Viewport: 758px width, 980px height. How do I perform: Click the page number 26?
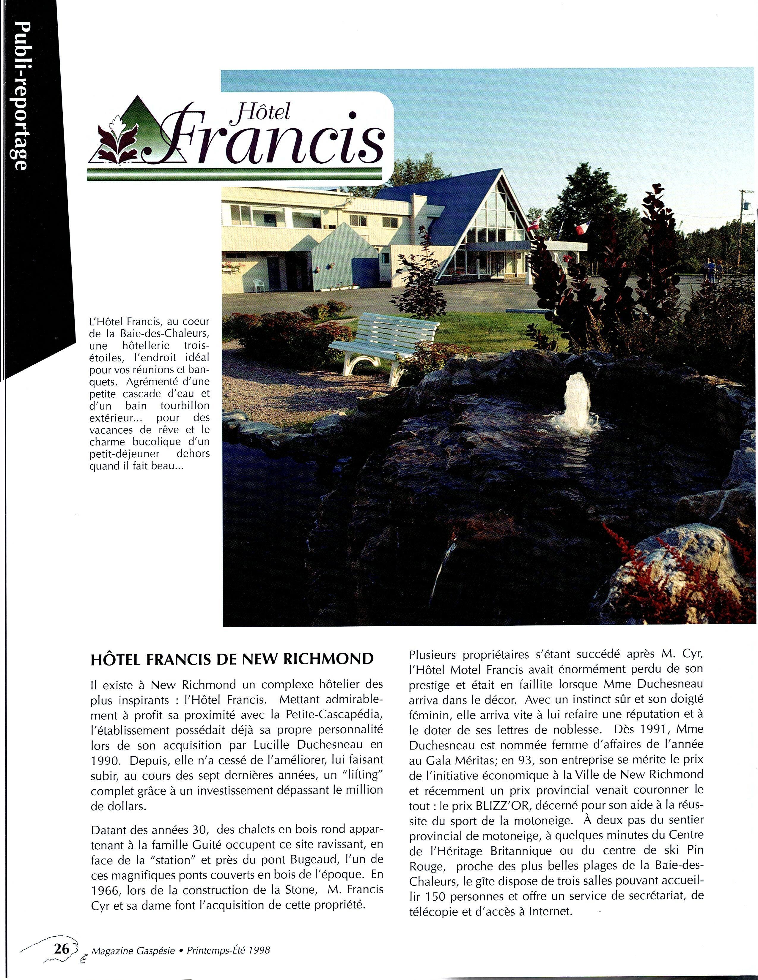tap(62, 948)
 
